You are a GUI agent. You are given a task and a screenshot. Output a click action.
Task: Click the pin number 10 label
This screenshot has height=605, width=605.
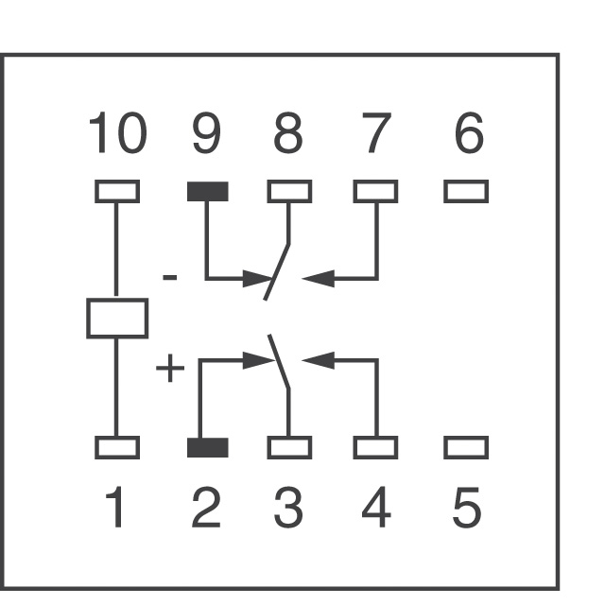tap(118, 132)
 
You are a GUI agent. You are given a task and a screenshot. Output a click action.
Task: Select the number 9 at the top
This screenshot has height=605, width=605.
tap(207, 132)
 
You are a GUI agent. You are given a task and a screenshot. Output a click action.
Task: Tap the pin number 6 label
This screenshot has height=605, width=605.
tap(469, 132)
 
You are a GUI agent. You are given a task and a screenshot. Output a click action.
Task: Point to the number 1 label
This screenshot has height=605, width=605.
tap(114, 507)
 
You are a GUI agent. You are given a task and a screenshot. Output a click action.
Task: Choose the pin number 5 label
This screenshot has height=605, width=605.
tap(467, 507)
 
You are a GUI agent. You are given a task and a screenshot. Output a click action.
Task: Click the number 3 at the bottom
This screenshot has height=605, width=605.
tap(287, 507)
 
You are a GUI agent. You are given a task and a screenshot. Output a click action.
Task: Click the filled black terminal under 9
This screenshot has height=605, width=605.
tap(208, 191)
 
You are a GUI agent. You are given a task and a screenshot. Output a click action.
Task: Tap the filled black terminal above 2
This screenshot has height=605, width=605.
tap(208, 447)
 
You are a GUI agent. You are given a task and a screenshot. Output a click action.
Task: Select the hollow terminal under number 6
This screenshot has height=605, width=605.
tap(466, 191)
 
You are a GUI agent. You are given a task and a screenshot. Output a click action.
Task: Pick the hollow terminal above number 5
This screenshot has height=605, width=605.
tap(466, 447)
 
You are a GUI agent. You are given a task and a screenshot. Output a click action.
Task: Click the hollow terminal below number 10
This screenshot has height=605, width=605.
tap(117, 191)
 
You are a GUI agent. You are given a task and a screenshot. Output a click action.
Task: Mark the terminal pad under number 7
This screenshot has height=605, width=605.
tap(375, 191)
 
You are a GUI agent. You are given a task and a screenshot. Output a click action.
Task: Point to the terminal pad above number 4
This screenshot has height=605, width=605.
tap(375, 447)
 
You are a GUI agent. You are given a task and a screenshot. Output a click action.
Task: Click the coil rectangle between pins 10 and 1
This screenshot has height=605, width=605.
tap(117, 319)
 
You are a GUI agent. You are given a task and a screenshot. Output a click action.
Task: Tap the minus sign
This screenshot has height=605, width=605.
tap(170, 277)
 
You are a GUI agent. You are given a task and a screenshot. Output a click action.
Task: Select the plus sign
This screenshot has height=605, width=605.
tap(170, 368)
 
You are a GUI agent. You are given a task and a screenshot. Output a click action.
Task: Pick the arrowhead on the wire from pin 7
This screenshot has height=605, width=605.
tap(318, 279)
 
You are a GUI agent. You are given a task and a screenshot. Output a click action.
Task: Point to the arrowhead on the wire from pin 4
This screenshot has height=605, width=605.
tap(318, 360)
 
